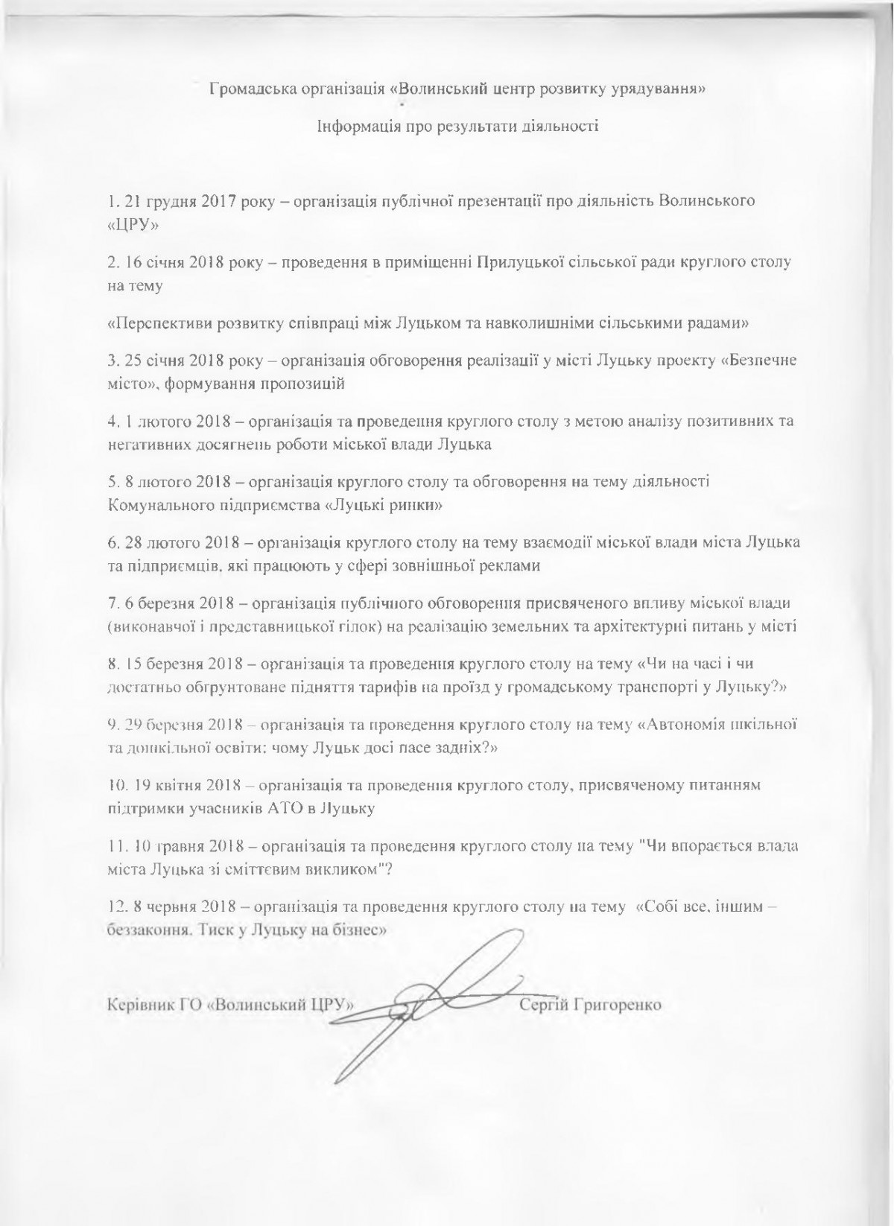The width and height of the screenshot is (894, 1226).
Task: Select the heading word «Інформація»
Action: click(x=355, y=125)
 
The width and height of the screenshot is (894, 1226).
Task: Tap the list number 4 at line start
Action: click(x=112, y=422)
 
